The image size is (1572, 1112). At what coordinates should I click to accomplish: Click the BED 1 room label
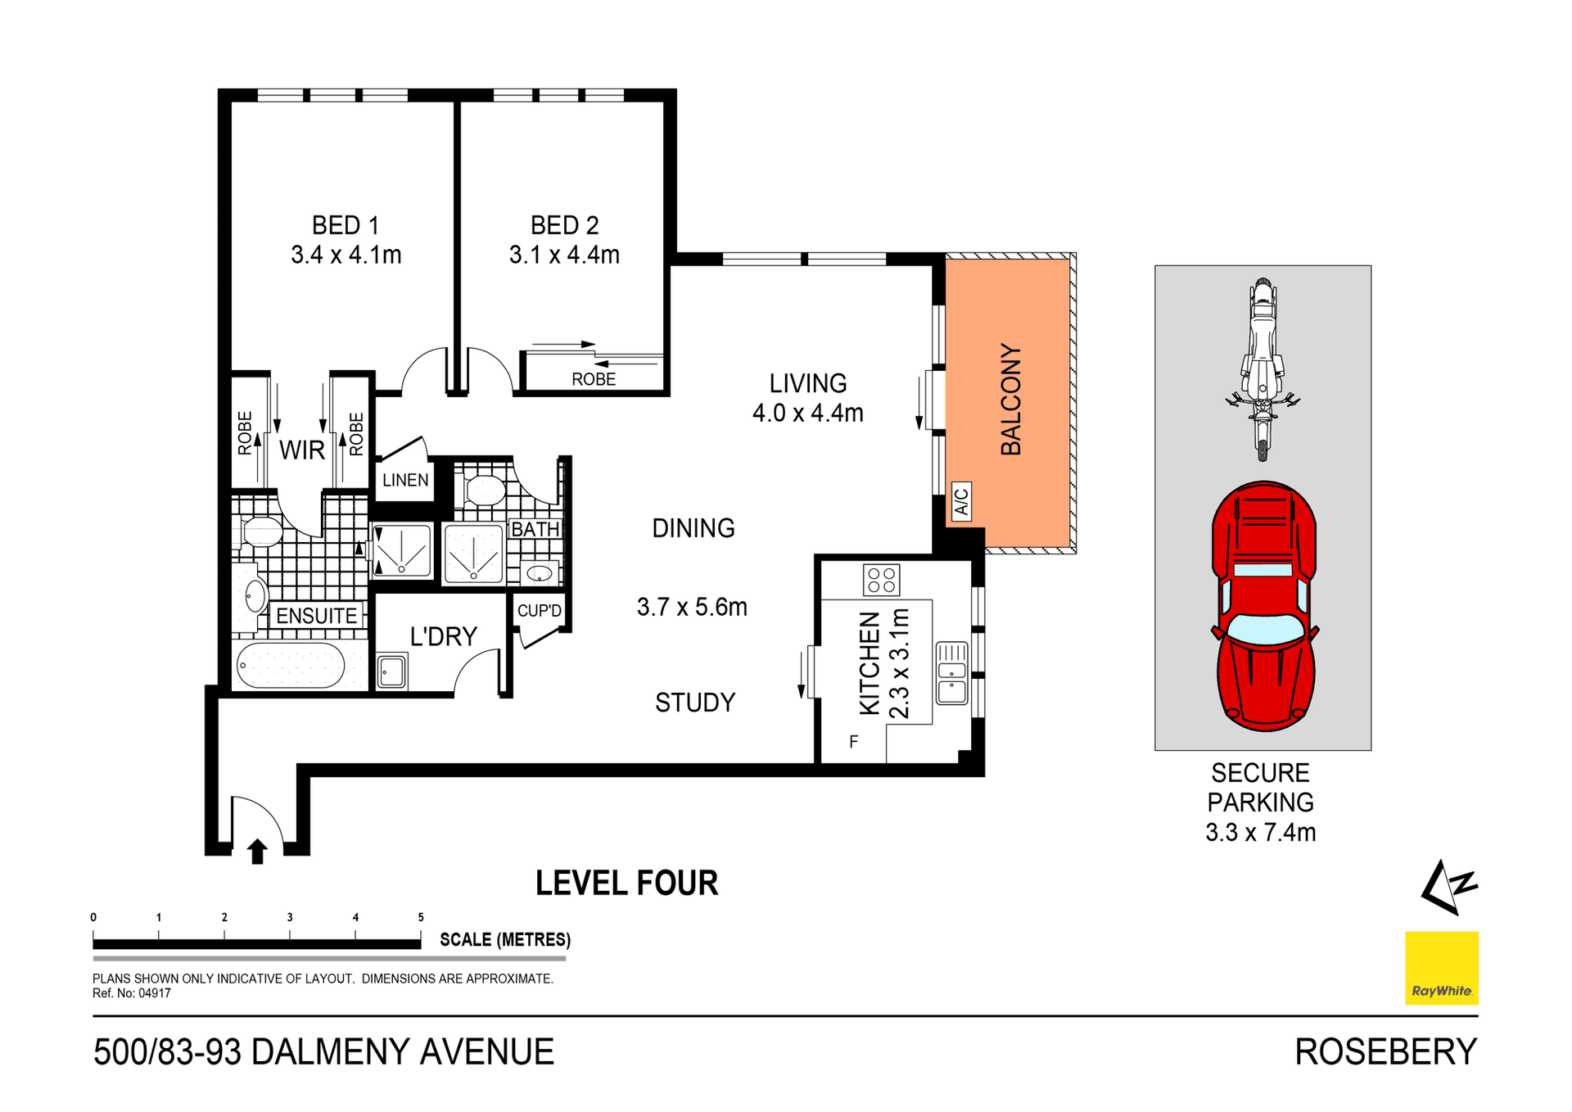pyautogui.click(x=345, y=225)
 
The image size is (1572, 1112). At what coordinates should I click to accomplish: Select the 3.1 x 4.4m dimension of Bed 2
pyautogui.click(x=564, y=255)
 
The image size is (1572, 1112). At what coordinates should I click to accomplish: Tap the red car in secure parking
pyautogui.click(x=1263, y=606)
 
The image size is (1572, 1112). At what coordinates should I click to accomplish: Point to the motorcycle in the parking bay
pyautogui.click(x=1263, y=368)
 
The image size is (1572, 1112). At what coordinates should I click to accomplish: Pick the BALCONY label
pyautogui.click(x=1011, y=399)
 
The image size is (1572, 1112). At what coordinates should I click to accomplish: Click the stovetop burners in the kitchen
pyautogui.click(x=881, y=580)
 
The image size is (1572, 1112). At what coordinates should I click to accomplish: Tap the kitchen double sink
pyautogui.click(x=951, y=673)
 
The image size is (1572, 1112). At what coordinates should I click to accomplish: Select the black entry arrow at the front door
pyautogui.click(x=257, y=851)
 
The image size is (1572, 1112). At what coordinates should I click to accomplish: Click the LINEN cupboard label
pyautogui.click(x=405, y=480)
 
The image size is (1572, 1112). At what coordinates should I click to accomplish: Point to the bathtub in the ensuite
pyautogui.click(x=291, y=665)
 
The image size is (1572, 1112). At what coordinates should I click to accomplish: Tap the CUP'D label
pyautogui.click(x=540, y=611)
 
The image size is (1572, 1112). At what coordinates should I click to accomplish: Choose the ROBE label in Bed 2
pyautogui.click(x=594, y=379)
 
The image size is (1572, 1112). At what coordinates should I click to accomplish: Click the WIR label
pyautogui.click(x=302, y=450)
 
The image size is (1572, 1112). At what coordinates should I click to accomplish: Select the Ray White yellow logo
pyautogui.click(x=1441, y=967)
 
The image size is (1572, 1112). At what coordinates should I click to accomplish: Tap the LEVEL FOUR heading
pyautogui.click(x=626, y=884)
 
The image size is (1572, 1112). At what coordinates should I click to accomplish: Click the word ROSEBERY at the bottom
pyautogui.click(x=1385, y=1052)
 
